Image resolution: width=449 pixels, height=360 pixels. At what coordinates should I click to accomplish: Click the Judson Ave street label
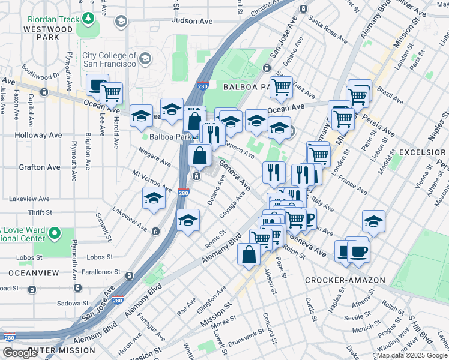pyautogui.click(x=192, y=20)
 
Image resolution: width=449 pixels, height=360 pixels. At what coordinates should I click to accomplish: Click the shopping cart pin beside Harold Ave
pyautogui.click(x=111, y=92)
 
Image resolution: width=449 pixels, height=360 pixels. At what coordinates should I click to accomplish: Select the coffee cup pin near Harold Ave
pyautogui.click(x=97, y=85)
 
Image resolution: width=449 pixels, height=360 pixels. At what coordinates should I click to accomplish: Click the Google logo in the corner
pyautogui.click(x=20, y=353)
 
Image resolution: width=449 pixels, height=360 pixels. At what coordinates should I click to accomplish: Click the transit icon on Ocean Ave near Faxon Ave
pyautogui.click(x=44, y=92)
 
